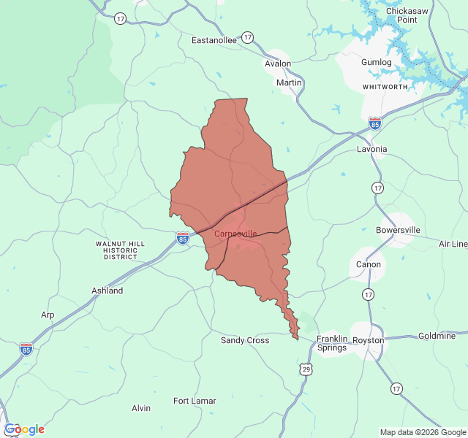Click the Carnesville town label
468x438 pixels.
point(235,234)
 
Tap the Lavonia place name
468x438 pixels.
point(371,149)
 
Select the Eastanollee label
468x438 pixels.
point(214,40)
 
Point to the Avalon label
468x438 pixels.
point(278,64)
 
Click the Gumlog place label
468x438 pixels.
point(377,62)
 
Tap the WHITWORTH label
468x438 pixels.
point(385,87)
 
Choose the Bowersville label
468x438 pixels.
point(398,230)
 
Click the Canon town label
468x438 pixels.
point(369,264)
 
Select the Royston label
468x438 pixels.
point(368,340)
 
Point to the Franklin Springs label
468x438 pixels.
point(332,344)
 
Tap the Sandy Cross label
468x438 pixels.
point(245,340)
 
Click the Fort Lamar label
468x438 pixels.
point(195,401)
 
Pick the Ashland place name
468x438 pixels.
point(107,291)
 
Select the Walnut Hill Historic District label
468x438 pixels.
point(121,250)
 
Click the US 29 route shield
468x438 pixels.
point(306,370)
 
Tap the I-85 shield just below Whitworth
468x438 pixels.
point(375,122)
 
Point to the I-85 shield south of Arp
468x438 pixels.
point(26,348)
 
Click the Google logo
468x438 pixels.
point(24,429)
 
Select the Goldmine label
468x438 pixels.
point(437,336)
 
